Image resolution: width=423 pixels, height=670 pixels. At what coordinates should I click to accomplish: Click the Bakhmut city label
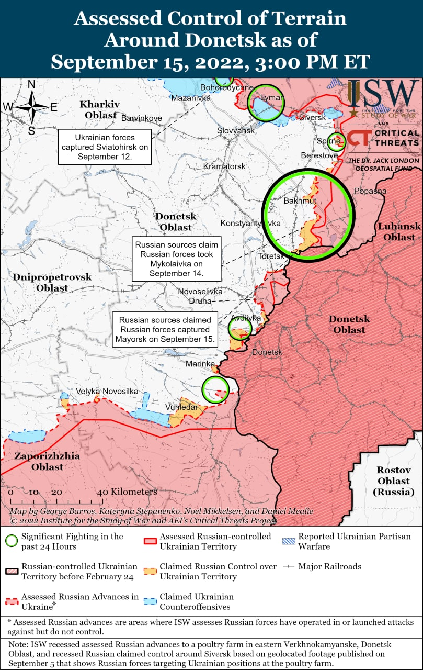[300, 201]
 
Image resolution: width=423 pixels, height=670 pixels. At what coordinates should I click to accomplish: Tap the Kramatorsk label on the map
[224, 166]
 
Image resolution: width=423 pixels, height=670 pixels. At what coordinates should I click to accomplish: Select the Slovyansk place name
[236, 130]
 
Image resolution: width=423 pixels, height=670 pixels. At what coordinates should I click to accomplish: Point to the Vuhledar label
[181, 407]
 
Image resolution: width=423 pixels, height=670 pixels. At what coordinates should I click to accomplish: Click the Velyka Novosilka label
[107, 392]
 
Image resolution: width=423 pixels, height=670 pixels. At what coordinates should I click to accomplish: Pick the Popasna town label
[370, 191]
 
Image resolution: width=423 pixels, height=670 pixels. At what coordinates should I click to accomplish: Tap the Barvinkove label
[141, 118]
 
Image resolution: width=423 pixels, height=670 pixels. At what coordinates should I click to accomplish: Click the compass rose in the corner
[31, 107]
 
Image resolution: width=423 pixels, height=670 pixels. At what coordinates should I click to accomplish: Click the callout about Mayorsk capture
[165, 329]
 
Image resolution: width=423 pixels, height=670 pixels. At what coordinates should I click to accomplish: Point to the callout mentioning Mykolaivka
[176, 259]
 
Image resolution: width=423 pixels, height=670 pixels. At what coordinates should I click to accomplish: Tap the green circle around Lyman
[266, 102]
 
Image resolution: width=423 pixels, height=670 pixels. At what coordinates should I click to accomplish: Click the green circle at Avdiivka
[241, 328]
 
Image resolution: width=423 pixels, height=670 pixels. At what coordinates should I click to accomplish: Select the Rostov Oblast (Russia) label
[394, 481]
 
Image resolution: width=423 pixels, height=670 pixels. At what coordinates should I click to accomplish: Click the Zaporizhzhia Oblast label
[47, 461]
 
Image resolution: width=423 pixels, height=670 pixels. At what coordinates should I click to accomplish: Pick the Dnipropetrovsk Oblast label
[52, 283]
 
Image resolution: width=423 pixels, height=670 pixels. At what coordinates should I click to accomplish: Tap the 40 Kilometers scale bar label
[127, 492]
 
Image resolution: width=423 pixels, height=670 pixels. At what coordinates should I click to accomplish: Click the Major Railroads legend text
[329, 566]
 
